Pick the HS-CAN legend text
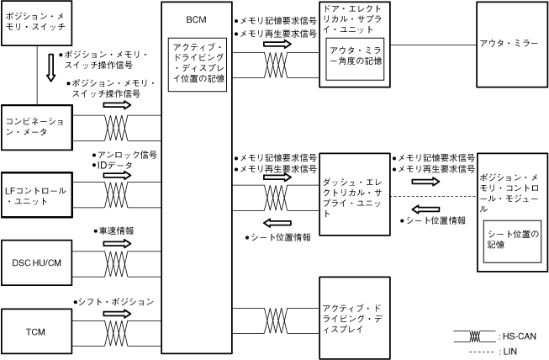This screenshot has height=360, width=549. point(518,335)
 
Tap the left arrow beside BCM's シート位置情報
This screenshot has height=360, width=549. point(277,222)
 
